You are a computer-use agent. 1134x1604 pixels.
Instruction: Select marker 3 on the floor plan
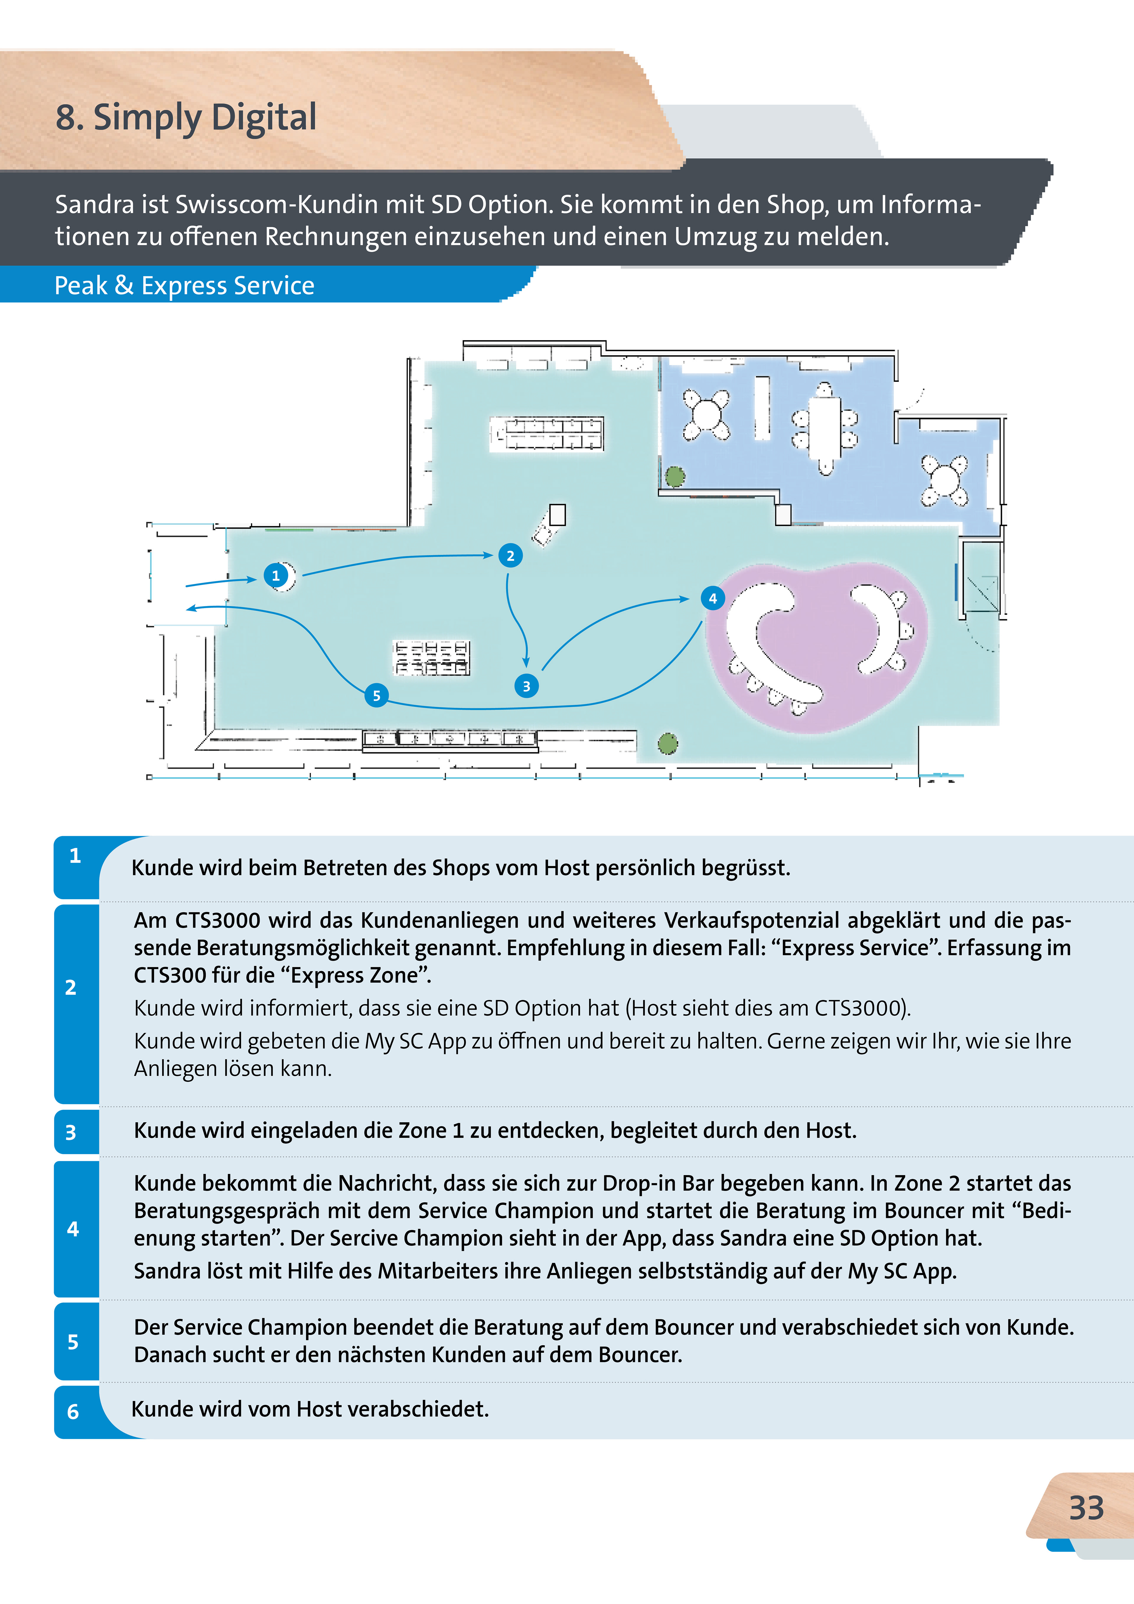pos(526,686)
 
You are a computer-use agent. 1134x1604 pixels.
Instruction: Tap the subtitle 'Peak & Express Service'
pos(185,286)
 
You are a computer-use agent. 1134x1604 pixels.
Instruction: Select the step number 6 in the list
pos(73,1412)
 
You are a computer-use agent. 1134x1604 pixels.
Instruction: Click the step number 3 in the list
pos(71,1132)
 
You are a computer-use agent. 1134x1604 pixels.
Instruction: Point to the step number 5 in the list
pos(73,1341)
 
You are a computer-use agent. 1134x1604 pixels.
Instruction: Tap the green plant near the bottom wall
pos(668,743)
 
